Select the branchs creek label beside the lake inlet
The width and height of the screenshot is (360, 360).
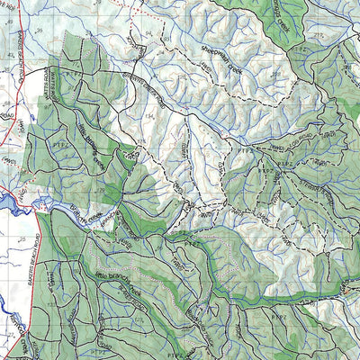tap(72, 212)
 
